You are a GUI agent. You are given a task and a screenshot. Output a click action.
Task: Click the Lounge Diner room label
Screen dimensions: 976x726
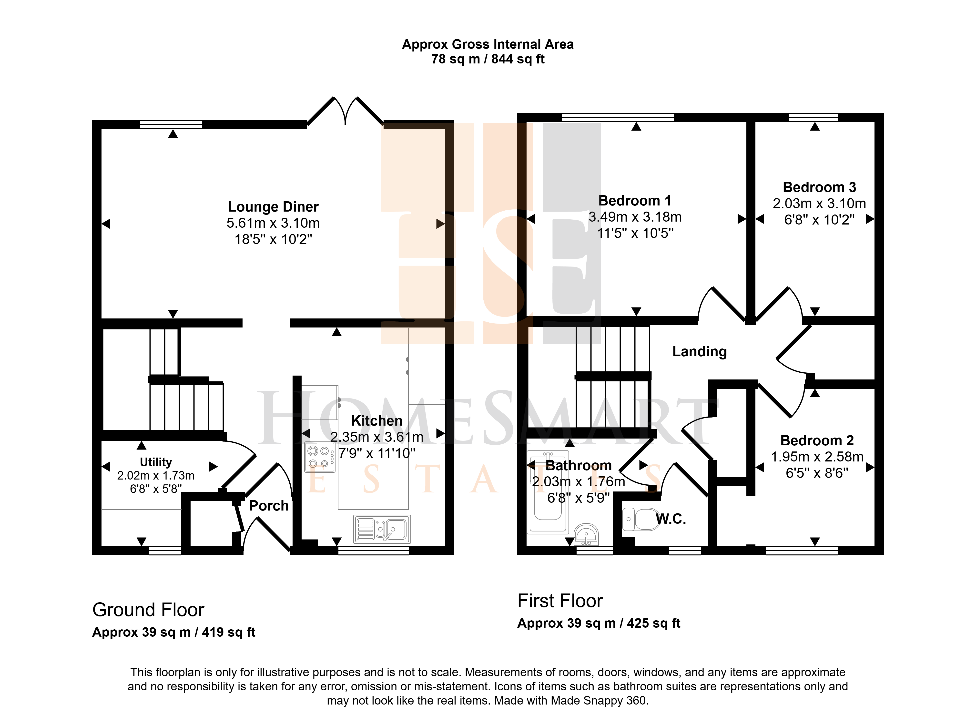click(273, 206)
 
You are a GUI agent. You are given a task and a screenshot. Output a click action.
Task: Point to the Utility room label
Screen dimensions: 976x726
click(156, 462)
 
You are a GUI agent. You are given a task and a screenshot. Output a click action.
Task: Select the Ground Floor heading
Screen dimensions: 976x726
click(148, 610)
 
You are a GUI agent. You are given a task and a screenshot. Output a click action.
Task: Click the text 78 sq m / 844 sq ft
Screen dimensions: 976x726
click(488, 59)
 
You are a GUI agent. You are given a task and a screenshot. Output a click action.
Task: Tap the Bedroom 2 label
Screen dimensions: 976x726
click(817, 440)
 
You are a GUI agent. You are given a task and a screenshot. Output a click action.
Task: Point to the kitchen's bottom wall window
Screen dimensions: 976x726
click(374, 551)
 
